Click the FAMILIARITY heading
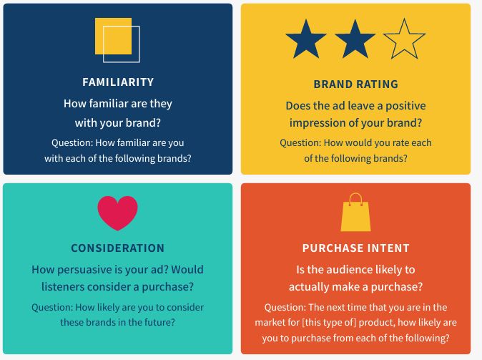118,82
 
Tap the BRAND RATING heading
355,84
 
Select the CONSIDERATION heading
118,248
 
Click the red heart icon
118,213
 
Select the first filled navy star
306,40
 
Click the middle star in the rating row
355,40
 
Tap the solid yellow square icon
113,36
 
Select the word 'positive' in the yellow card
405,106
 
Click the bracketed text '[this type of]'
329,322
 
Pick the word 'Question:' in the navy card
72,142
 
